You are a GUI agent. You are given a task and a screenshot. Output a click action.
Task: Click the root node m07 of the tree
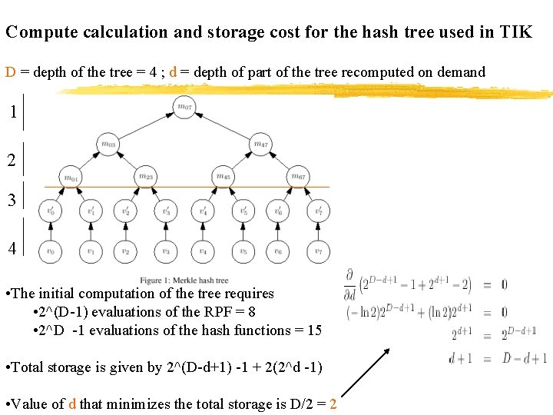pyautogui.click(x=184, y=106)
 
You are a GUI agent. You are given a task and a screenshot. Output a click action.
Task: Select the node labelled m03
pyautogui.click(x=108, y=143)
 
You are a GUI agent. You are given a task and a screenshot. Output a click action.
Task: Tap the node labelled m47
pyautogui.click(x=260, y=143)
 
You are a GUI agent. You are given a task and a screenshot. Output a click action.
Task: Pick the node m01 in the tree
pyautogui.click(x=70, y=178)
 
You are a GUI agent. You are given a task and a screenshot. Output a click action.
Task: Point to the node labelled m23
pyautogui.click(x=146, y=178)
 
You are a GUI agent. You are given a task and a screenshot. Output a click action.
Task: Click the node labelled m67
pyautogui.click(x=299, y=178)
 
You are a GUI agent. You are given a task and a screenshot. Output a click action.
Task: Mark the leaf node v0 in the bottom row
pyautogui.click(x=51, y=251)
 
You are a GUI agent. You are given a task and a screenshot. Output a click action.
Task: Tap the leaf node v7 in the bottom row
pyautogui.click(x=318, y=251)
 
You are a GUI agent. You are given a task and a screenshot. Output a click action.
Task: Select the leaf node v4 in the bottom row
pyautogui.click(x=204, y=251)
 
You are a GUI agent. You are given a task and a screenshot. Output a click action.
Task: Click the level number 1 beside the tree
pyautogui.click(x=13, y=111)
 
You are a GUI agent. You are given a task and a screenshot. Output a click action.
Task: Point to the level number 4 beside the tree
pyautogui.click(x=13, y=248)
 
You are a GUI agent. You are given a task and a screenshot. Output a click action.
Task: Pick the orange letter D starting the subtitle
pyautogui.click(x=11, y=72)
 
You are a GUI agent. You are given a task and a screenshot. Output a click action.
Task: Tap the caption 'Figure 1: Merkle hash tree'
pyautogui.click(x=184, y=280)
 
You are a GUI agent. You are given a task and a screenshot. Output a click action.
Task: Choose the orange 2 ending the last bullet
pyautogui.click(x=333, y=404)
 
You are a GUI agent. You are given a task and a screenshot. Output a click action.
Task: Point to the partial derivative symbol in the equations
pyautogui.click(x=349, y=277)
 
